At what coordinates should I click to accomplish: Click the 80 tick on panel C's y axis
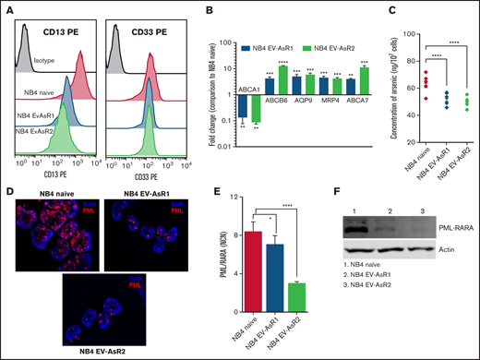pyautogui.click(x=390, y=62)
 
